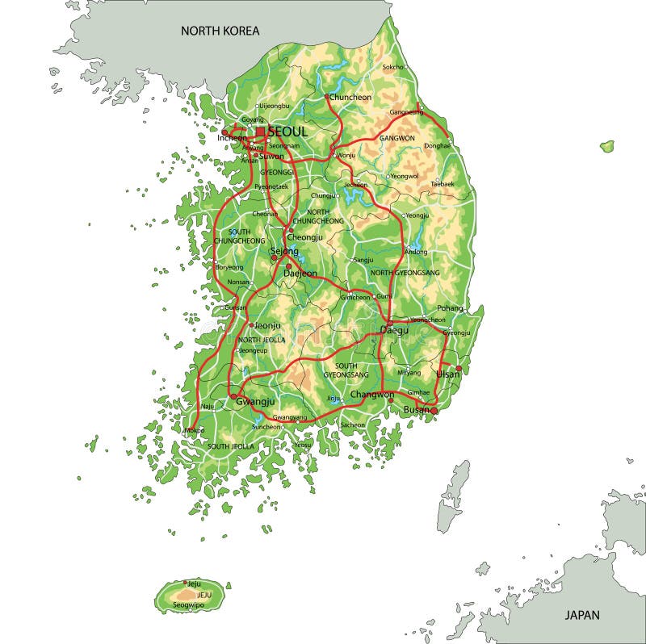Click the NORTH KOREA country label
(x=220, y=31)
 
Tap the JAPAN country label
(x=581, y=615)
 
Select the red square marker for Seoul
(x=260, y=132)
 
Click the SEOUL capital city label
(x=287, y=132)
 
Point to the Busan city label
(x=416, y=411)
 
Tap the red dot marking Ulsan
(x=459, y=368)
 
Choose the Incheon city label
(x=232, y=138)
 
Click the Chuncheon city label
(x=351, y=97)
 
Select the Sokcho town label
(x=392, y=67)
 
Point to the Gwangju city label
(x=256, y=401)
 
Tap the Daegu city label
(x=394, y=330)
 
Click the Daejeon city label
(x=300, y=274)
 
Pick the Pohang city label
(x=450, y=308)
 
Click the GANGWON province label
(x=396, y=138)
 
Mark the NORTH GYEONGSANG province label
(x=405, y=273)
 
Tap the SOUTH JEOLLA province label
(x=231, y=446)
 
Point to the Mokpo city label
(x=195, y=431)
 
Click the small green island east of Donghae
(x=606, y=147)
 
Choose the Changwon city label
(x=371, y=395)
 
